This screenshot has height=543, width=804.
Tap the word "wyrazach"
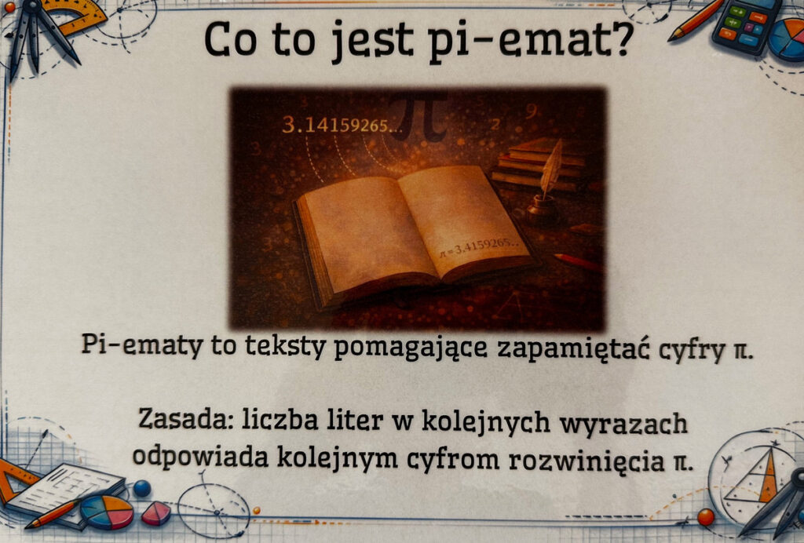pos(623,425)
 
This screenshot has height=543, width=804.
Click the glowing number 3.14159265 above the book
pos(342,125)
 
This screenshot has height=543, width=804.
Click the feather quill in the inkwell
pos(550,169)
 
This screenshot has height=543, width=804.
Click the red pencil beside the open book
pos(577,262)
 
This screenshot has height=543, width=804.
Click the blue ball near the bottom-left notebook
pos(142,488)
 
